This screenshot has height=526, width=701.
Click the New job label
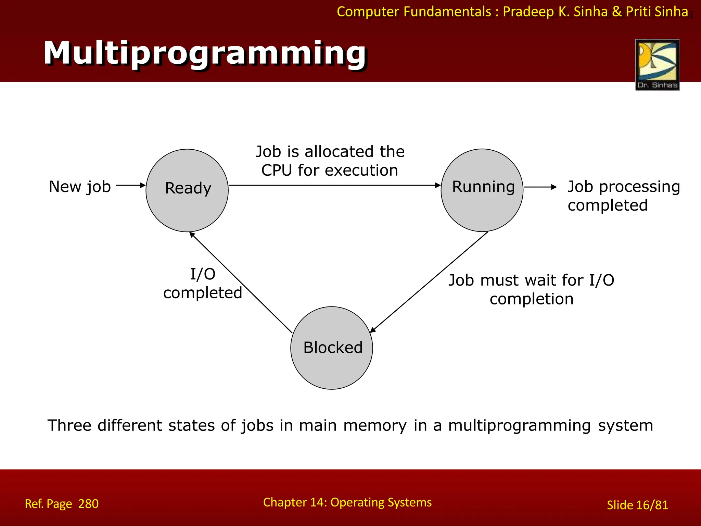coord(80,187)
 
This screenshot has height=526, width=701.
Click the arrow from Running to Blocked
coord(429,282)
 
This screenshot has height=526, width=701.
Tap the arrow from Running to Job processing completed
coord(540,187)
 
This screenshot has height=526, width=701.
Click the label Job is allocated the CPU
coord(330,161)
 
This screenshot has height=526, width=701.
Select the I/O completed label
coord(203,284)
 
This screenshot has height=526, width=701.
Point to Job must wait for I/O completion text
coord(531,289)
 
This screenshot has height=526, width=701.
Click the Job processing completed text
coord(623,196)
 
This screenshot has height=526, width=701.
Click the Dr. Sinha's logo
coord(657,64)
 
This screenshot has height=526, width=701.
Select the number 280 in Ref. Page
coord(88,504)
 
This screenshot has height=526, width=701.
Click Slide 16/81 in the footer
coord(637,505)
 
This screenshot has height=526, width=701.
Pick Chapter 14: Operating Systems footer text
coord(347,502)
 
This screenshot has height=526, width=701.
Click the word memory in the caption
coord(375,426)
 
